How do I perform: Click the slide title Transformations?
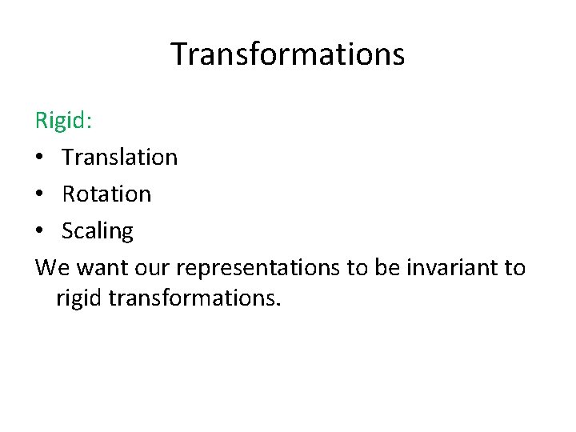click(288, 54)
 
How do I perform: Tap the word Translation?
click(119, 157)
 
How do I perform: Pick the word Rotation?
click(106, 194)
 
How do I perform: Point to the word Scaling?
click(98, 231)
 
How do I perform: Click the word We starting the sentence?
click(52, 267)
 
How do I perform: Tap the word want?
click(101, 268)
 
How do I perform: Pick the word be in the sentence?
click(386, 267)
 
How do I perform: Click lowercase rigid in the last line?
click(79, 299)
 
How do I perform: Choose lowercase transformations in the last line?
click(192, 298)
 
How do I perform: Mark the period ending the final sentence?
click(279, 306)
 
